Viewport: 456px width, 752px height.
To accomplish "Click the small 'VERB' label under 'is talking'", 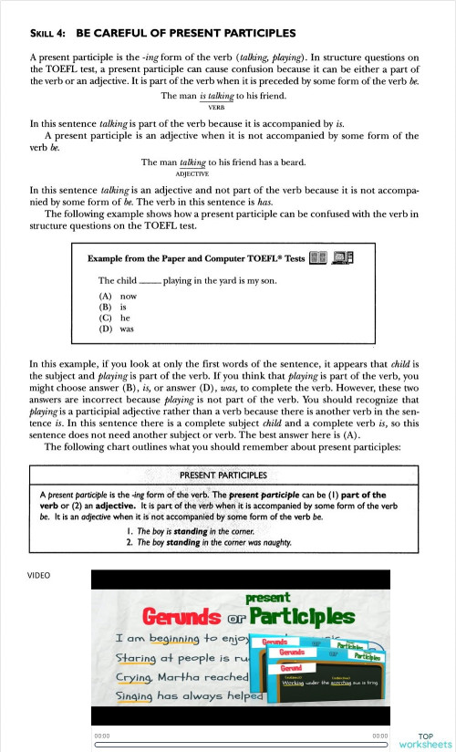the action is [x=216, y=107].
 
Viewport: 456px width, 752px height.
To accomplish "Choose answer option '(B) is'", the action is [x=111, y=308].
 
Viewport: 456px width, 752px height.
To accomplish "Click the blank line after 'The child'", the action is [x=149, y=282].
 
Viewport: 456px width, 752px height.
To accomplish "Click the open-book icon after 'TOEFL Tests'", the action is [x=318, y=258].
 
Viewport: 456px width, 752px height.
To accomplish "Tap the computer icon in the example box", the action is [x=344, y=258].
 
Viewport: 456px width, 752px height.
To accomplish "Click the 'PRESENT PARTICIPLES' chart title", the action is [x=223, y=475].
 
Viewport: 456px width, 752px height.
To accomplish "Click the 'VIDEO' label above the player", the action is [x=39, y=576].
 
